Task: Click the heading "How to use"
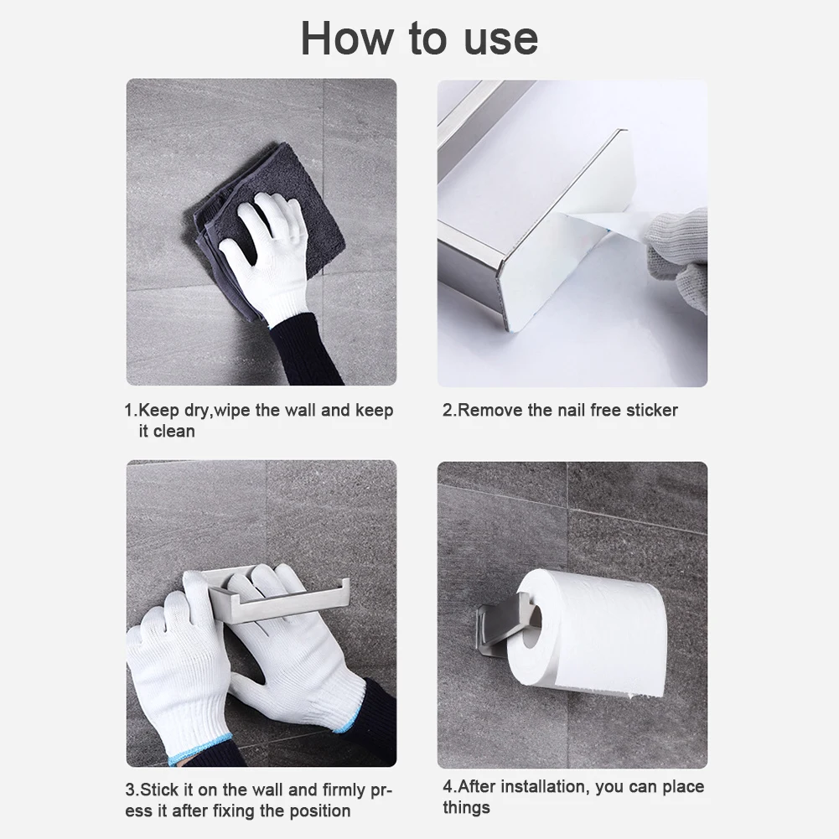pyautogui.click(x=419, y=39)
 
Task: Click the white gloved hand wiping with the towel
pyautogui.click(x=268, y=251)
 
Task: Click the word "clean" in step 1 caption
pyautogui.click(x=173, y=432)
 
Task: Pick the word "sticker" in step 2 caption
pyautogui.click(x=648, y=411)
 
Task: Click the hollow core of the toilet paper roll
pyautogui.click(x=531, y=624)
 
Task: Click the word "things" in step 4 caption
pyautogui.click(x=467, y=808)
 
